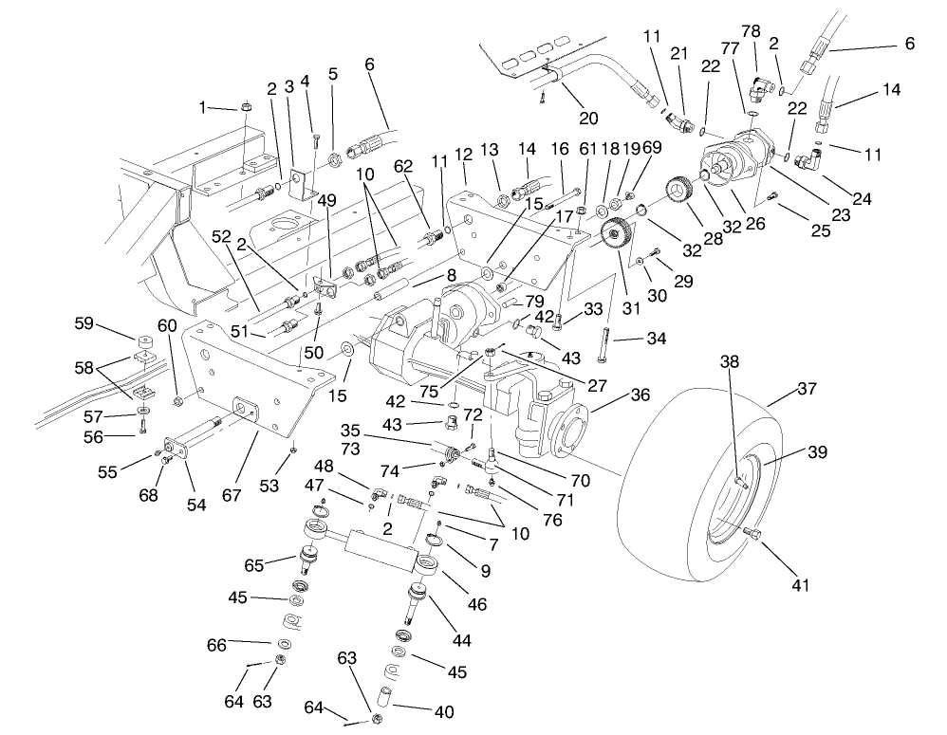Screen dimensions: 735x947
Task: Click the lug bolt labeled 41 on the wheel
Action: (755, 536)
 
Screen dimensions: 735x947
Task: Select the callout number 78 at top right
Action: (751, 32)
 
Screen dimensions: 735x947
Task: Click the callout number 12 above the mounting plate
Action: (464, 153)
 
